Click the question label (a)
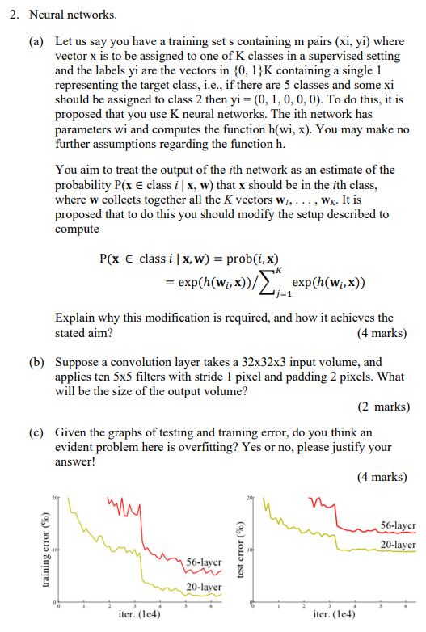point(37,39)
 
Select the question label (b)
point(37,363)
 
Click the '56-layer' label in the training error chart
point(204,562)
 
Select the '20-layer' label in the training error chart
point(204,588)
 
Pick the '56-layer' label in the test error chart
point(397,525)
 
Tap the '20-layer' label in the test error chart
point(397,545)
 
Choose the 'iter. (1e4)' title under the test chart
point(331,613)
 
